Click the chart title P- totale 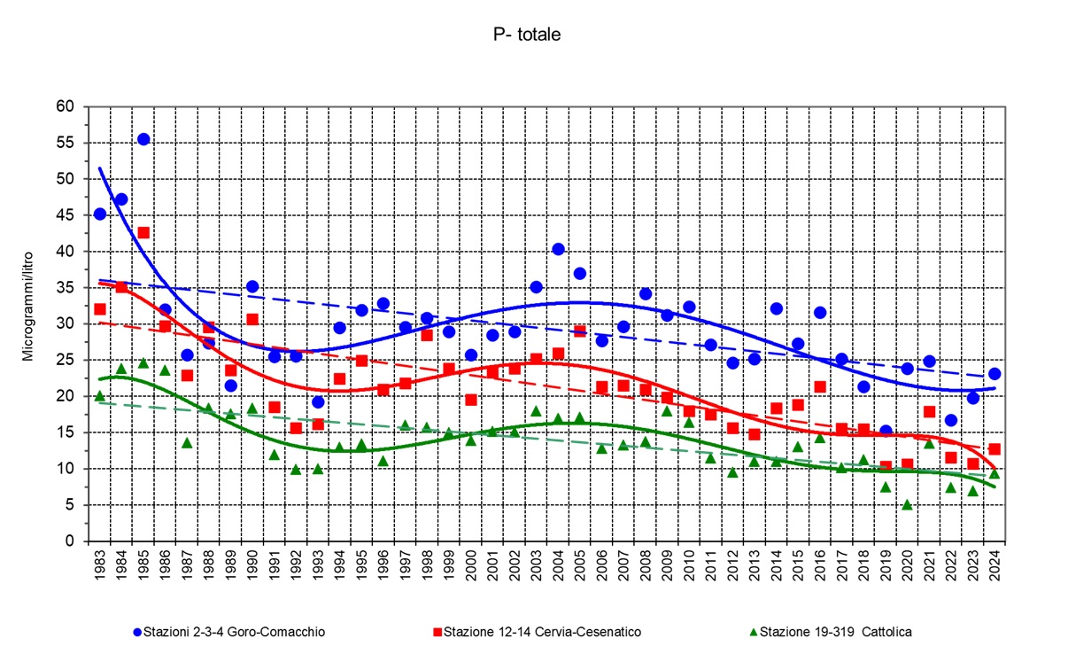(x=527, y=35)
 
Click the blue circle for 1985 (x=143, y=139)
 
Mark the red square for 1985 (x=143, y=232)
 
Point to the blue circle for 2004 (x=558, y=249)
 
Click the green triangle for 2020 (x=907, y=505)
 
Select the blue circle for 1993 (x=318, y=401)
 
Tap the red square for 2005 (x=580, y=331)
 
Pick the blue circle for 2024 (x=994, y=374)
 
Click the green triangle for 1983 (x=100, y=396)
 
